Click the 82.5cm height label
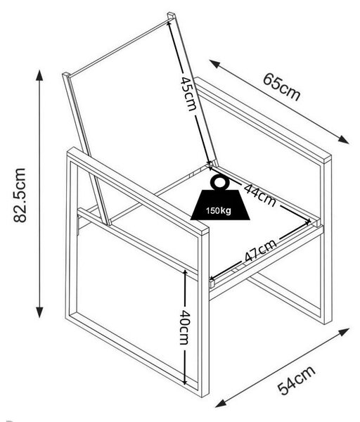pyautogui.click(x=20, y=195)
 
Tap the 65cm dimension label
pyautogui.click(x=281, y=86)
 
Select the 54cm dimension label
pyautogui.click(x=296, y=381)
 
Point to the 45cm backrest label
pyautogui.click(x=188, y=94)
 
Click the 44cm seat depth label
pyautogui.click(x=260, y=196)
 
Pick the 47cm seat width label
pyautogui.click(x=261, y=250)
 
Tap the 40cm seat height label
pyautogui.click(x=185, y=327)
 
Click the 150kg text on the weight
pyautogui.click(x=219, y=210)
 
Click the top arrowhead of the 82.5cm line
pyautogui.click(x=39, y=75)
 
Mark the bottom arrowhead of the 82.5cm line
pyautogui.click(x=39, y=312)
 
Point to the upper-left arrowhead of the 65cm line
pyautogui.click(x=214, y=64)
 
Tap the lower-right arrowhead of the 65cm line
pyautogui.click(x=344, y=139)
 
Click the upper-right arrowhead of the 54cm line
pyautogui.click(x=344, y=332)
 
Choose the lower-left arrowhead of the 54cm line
pyautogui.click(x=221, y=403)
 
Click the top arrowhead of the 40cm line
pyautogui.click(x=185, y=273)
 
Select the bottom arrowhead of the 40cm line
pyautogui.click(x=185, y=382)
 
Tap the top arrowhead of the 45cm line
pyautogui.click(x=169, y=23)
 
